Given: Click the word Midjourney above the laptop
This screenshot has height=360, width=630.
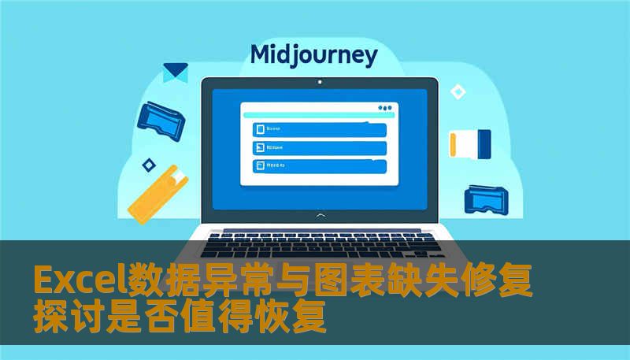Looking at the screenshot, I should (313, 56).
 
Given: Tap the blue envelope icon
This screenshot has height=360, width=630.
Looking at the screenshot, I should (175, 72).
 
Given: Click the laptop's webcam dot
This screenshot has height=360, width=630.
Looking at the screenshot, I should (319, 82).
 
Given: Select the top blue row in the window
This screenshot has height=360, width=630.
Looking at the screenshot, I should (319, 129).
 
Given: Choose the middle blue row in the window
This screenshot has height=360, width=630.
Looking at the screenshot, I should (319, 147).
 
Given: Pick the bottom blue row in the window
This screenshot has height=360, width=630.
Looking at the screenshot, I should (319, 166).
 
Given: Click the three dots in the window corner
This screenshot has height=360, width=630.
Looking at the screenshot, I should (384, 108).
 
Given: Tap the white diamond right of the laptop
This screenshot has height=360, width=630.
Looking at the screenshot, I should (458, 91).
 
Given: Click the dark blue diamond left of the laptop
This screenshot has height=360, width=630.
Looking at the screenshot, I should (148, 165).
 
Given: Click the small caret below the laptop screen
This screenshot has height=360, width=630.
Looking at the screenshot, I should (319, 214).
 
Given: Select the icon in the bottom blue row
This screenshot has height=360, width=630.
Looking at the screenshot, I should (258, 166).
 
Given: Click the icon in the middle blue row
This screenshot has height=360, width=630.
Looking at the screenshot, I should (258, 147).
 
